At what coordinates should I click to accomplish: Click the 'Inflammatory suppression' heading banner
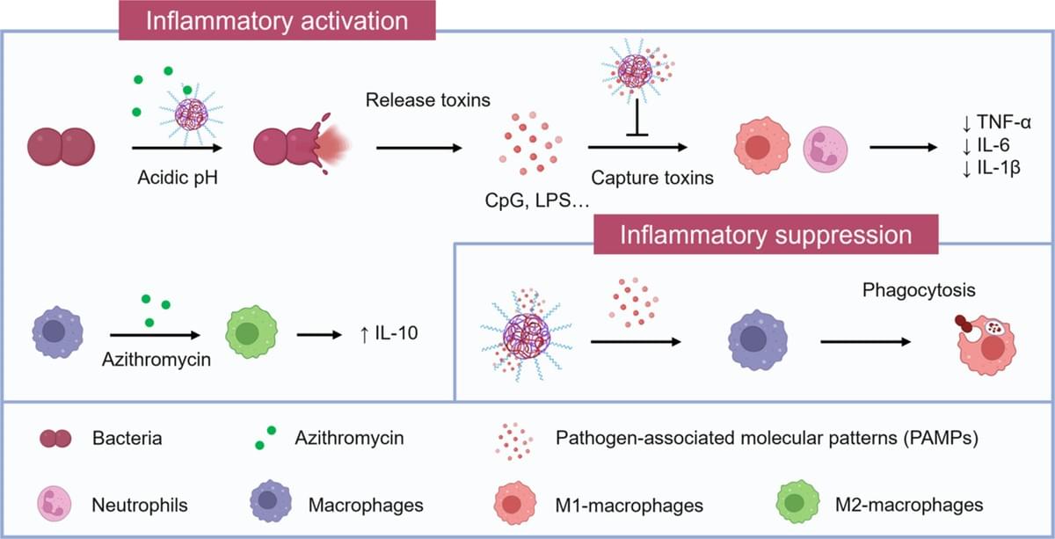pyautogui.click(x=766, y=237)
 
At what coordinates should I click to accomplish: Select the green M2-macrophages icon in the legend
pyautogui.click(x=798, y=505)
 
